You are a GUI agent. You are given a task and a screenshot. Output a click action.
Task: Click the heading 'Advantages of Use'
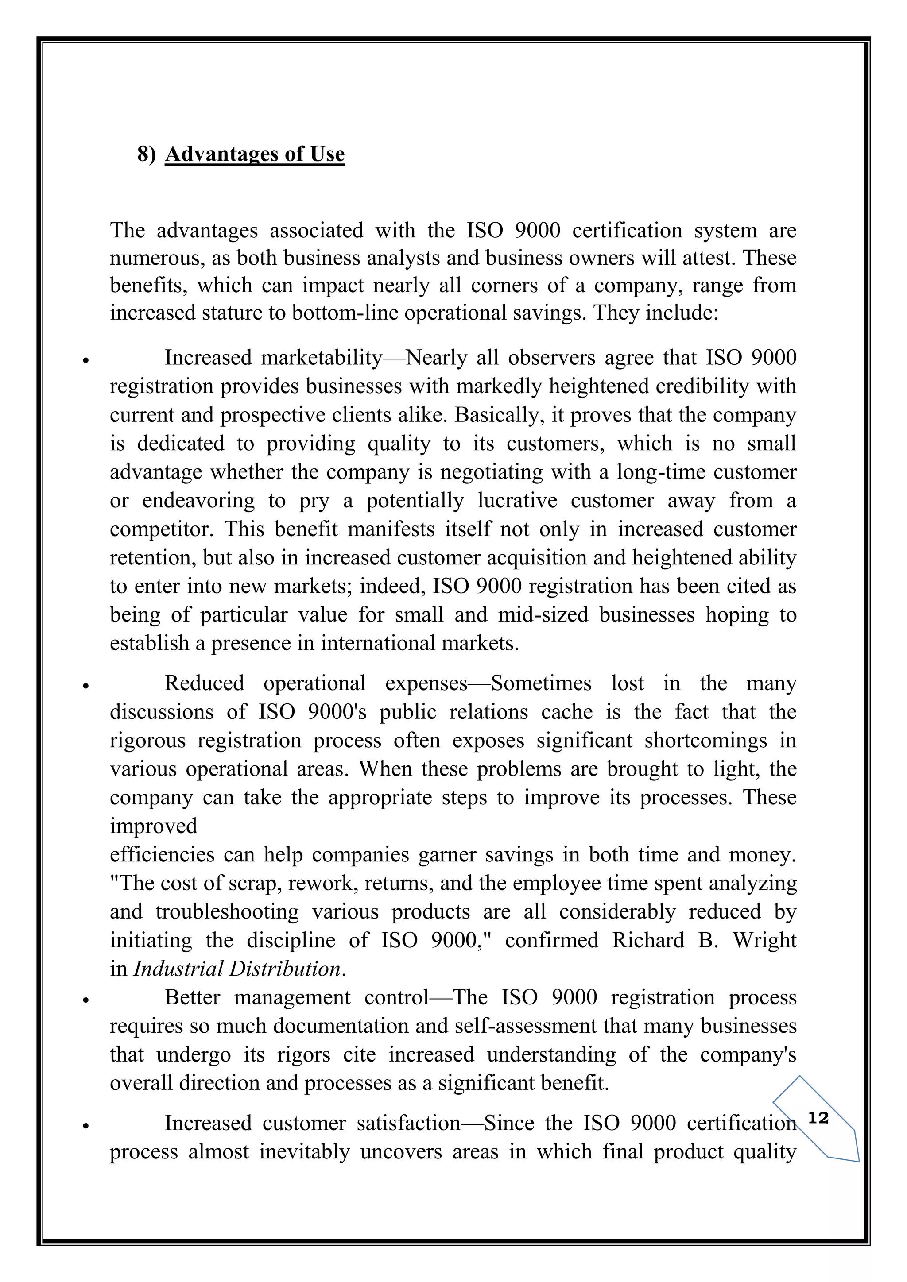255,154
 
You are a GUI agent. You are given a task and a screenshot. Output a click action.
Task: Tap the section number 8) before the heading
146,154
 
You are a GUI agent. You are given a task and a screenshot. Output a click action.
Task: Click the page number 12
818,1118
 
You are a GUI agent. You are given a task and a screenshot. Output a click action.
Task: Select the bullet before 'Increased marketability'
85,361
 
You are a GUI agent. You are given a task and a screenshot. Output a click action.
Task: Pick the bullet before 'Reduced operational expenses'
85,687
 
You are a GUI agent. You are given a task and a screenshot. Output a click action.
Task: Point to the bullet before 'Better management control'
85,1000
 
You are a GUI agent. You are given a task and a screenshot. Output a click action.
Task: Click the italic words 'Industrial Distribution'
237,969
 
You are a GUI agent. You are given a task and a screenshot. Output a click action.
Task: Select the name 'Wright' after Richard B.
764,940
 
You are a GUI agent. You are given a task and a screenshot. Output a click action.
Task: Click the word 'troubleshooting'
227,912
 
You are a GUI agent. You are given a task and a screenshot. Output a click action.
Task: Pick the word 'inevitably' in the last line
304,1152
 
